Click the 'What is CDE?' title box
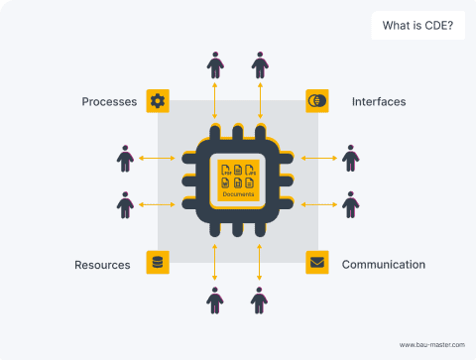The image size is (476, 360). [417, 26]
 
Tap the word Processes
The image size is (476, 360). [109, 101]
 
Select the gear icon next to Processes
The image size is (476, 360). [158, 101]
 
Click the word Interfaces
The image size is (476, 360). [379, 101]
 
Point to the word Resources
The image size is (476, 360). [103, 264]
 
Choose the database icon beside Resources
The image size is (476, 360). [158, 263]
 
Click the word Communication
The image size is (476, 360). [384, 264]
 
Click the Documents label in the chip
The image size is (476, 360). [238, 194]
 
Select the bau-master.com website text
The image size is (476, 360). [431, 344]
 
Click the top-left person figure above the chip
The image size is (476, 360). [215, 65]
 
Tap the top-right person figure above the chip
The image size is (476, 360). [260, 65]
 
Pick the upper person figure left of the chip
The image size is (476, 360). [125, 159]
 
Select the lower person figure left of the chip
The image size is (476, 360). [125, 204]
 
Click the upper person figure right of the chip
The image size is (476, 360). [350, 159]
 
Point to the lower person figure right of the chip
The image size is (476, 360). [350, 204]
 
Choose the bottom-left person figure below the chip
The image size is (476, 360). [215, 299]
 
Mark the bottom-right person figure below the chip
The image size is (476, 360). [260, 299]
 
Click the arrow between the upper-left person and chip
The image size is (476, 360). [158, 158]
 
